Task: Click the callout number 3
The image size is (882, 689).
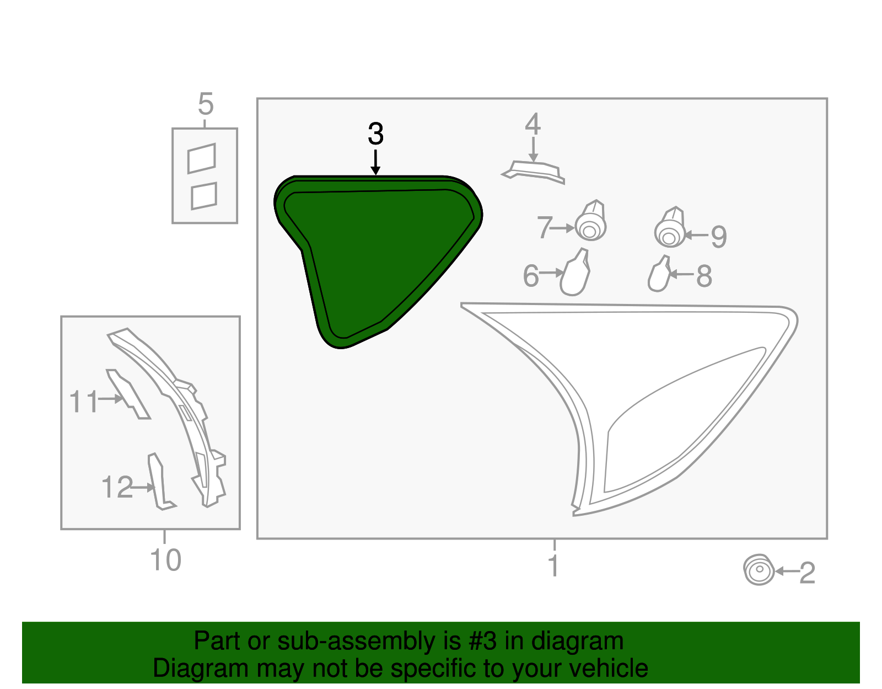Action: [375, 134]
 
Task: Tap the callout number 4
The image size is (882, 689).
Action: [533, 125]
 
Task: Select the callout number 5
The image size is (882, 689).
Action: [206, 104]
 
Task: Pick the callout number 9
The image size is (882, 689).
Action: [719, 237]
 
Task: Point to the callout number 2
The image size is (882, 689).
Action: [807, 573]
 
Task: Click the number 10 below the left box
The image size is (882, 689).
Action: [165, 560]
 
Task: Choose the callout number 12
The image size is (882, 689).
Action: [117, 488]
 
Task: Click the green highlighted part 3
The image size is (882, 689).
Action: [375, 254]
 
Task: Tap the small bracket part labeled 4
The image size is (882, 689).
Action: [534, 170]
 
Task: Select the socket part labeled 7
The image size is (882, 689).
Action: [591, 222]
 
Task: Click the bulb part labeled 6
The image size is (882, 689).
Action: [576, 274]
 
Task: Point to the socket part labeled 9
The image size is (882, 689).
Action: [670, 228]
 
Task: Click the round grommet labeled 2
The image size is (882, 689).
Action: [759, 570]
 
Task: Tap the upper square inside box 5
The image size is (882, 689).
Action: [202, 159]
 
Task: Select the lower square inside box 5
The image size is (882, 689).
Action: [204, 196]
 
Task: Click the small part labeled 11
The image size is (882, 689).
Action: [130, 395]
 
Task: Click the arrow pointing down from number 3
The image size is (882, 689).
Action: [375, 162]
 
